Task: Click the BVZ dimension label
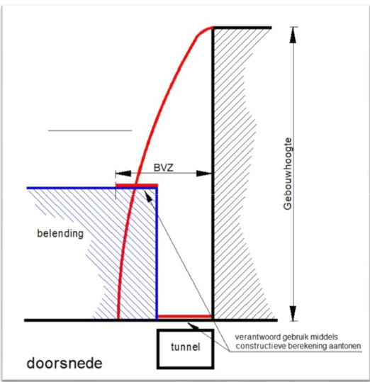click(164, 167)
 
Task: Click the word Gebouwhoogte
click(288, 174)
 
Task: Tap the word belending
click(60, 233)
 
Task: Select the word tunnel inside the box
click(186, 347)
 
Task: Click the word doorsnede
click(65, 364)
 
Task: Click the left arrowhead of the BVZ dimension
click(123, 174)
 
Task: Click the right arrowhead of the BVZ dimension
click(204, 174)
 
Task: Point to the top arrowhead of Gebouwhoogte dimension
click(293, 35)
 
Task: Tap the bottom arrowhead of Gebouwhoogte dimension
click(293, 313)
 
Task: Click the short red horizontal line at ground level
click(185, 317)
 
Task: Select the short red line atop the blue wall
click(137, 185)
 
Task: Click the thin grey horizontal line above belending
click(90, 130)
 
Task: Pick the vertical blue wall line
click(157, 254)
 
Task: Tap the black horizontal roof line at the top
click(242, 28)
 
